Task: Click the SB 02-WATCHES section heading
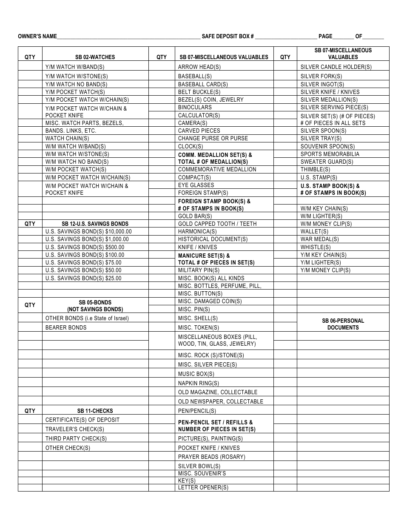tap(95, 57)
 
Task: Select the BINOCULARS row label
tap(195, 108)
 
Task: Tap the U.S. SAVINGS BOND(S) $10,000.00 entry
tap(88, 232)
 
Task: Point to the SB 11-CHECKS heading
tap(95, 411)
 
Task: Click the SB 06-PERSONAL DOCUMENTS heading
tap(343, 324)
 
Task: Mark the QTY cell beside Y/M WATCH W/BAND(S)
tap(30, 67)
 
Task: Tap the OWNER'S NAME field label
tap(37, 37)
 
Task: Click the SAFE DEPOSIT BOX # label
tap(228, 37)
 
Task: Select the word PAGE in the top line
tap(325, 37)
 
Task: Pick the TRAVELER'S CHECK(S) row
tap(75, 429)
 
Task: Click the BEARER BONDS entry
tap(66, 327)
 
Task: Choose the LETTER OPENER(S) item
tap(203, 488)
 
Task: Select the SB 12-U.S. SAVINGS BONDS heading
tap(95, 224)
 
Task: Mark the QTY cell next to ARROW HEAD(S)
tap(162, 67)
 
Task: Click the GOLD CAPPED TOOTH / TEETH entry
tap(217, 224)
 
